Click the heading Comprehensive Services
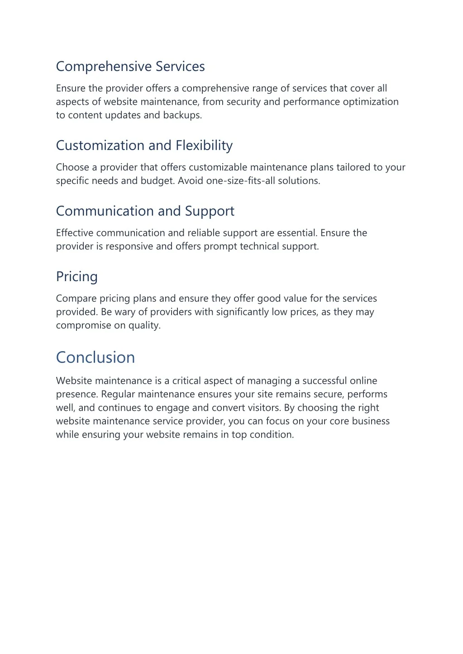pyautogui.click(x=130, y=66)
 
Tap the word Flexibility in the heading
pyautogui.click(x=204, y=146)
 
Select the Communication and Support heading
pyautogui.click(x=145, y=211)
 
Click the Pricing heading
pyautogui.click(x=76, y=277)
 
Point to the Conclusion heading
pyautogui.click(x=95, y=358)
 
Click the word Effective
pyautogui.click(x=75, y=233)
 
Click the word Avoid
pyautogui.click(x=191, y=181)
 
